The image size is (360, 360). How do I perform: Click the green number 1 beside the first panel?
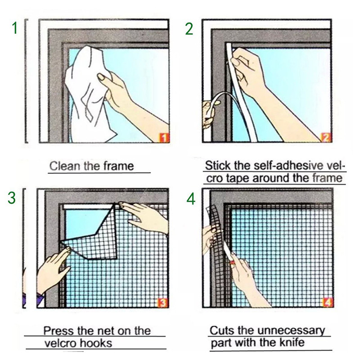pos(14,28)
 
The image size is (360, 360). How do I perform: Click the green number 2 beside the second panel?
pos(189,28)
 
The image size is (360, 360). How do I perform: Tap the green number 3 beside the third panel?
pos(13,198)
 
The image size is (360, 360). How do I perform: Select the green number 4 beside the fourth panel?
pos(191,198)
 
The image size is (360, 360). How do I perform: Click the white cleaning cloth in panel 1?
pos(90,90)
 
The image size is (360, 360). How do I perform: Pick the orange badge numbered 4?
pos(328,302)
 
